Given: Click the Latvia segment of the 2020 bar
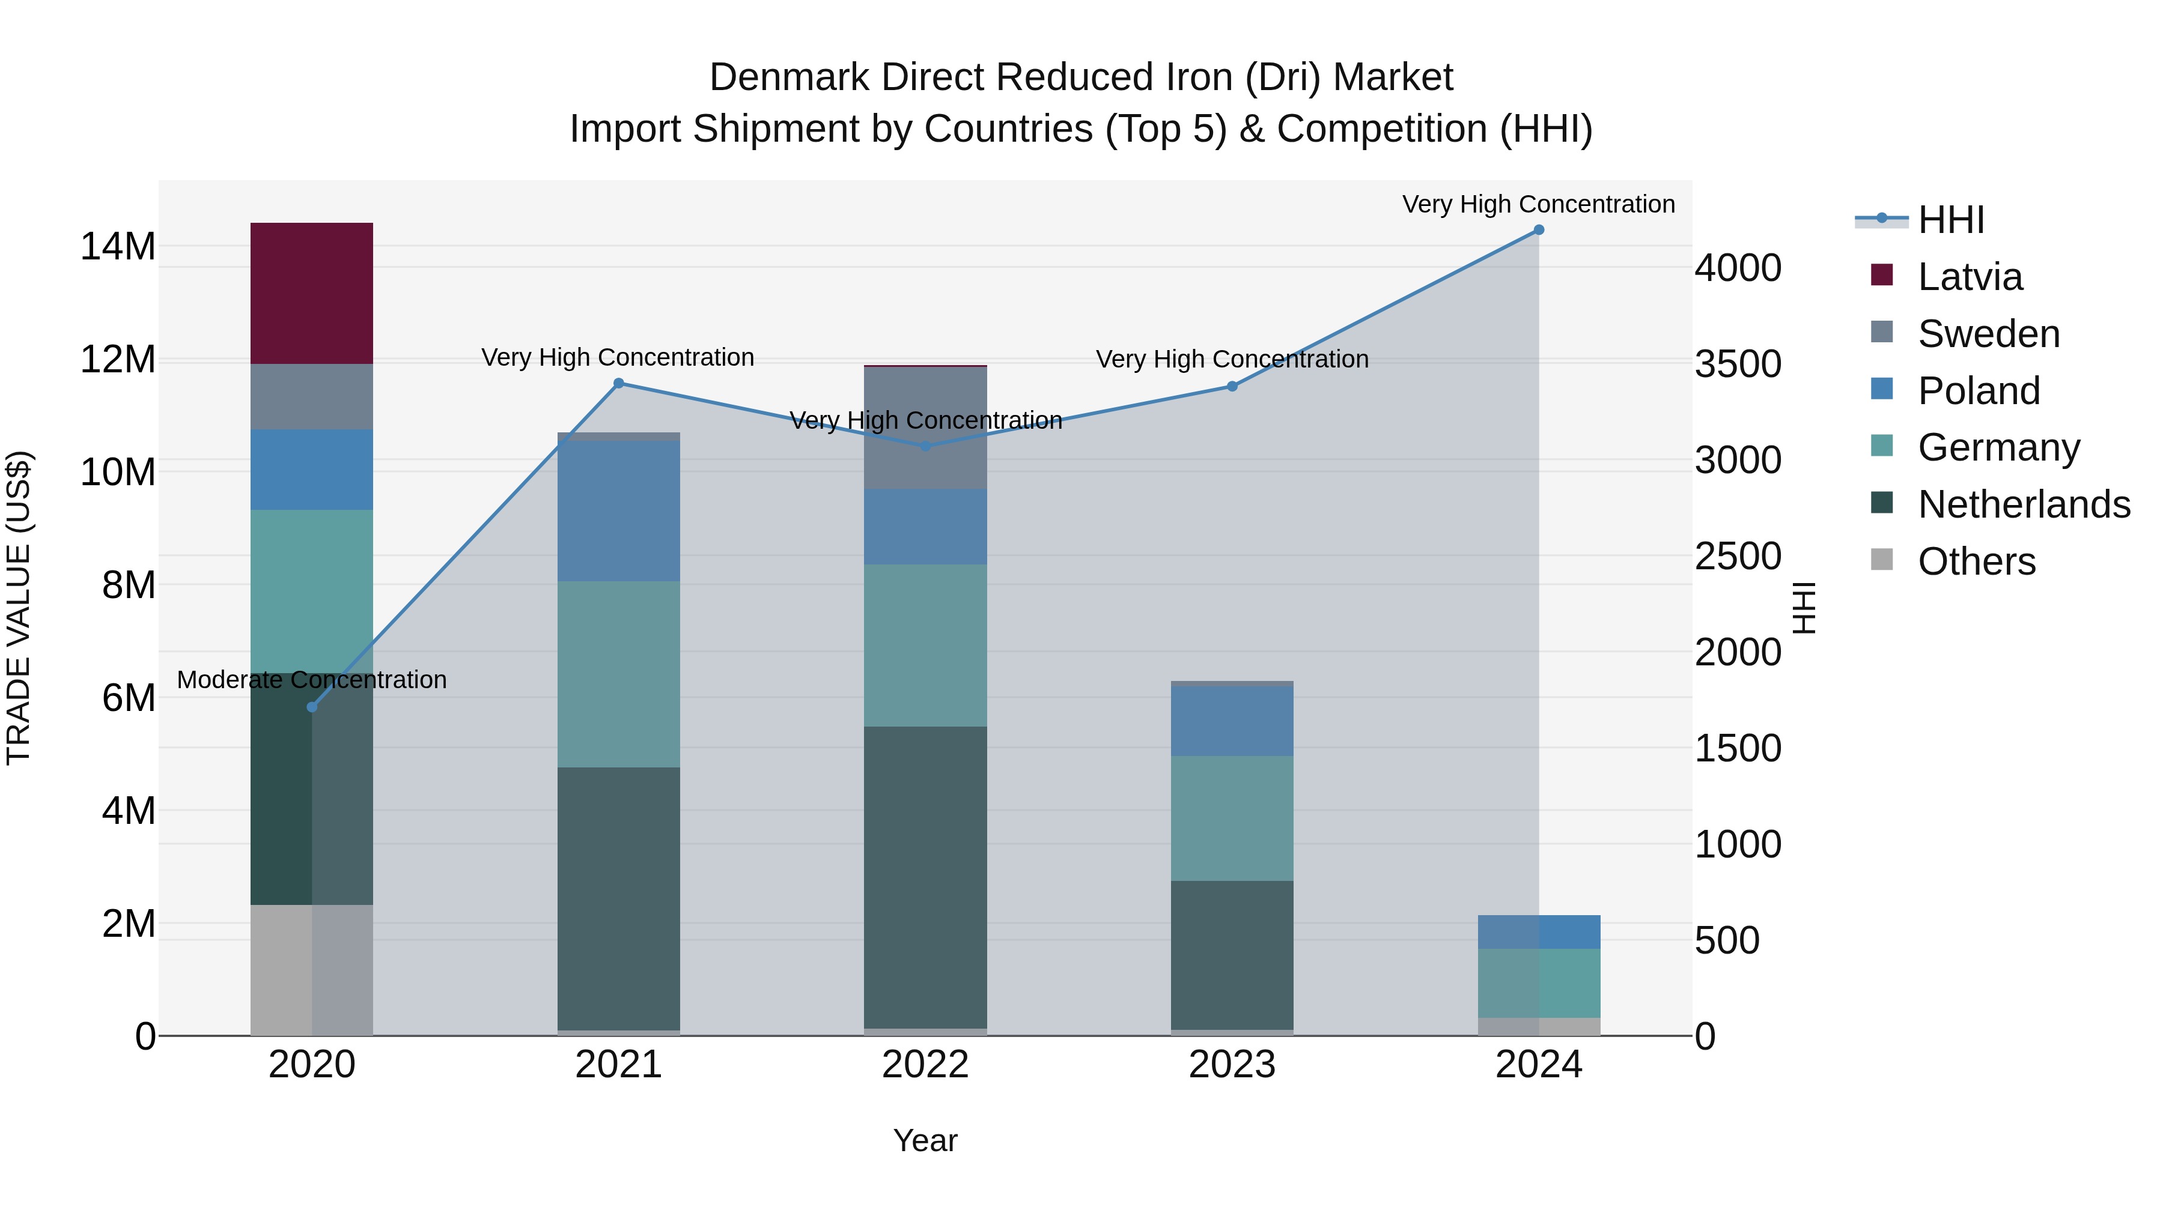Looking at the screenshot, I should click(311, 293).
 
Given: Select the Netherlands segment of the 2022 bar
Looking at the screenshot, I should click(925, 877).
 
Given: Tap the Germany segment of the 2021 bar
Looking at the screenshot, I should click(618, 674).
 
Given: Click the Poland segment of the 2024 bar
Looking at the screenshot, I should click(1538, 931).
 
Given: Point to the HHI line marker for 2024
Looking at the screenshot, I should click(1538, 230).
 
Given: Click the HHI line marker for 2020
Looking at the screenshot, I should click(311, 707).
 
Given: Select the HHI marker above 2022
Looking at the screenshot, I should click(925, 446).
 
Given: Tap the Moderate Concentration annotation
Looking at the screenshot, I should click(311, 680).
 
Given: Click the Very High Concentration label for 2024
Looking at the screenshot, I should click(1538, 204).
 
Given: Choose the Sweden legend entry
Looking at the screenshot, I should click(1988, 334).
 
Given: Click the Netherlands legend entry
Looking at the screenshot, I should click(2024, 504).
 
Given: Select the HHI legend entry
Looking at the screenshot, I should click(1950, 220).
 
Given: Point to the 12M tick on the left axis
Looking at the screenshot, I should click(118, 359).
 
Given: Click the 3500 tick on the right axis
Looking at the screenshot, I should click(1737, 364).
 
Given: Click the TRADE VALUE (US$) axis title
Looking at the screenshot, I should click(19, 608).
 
